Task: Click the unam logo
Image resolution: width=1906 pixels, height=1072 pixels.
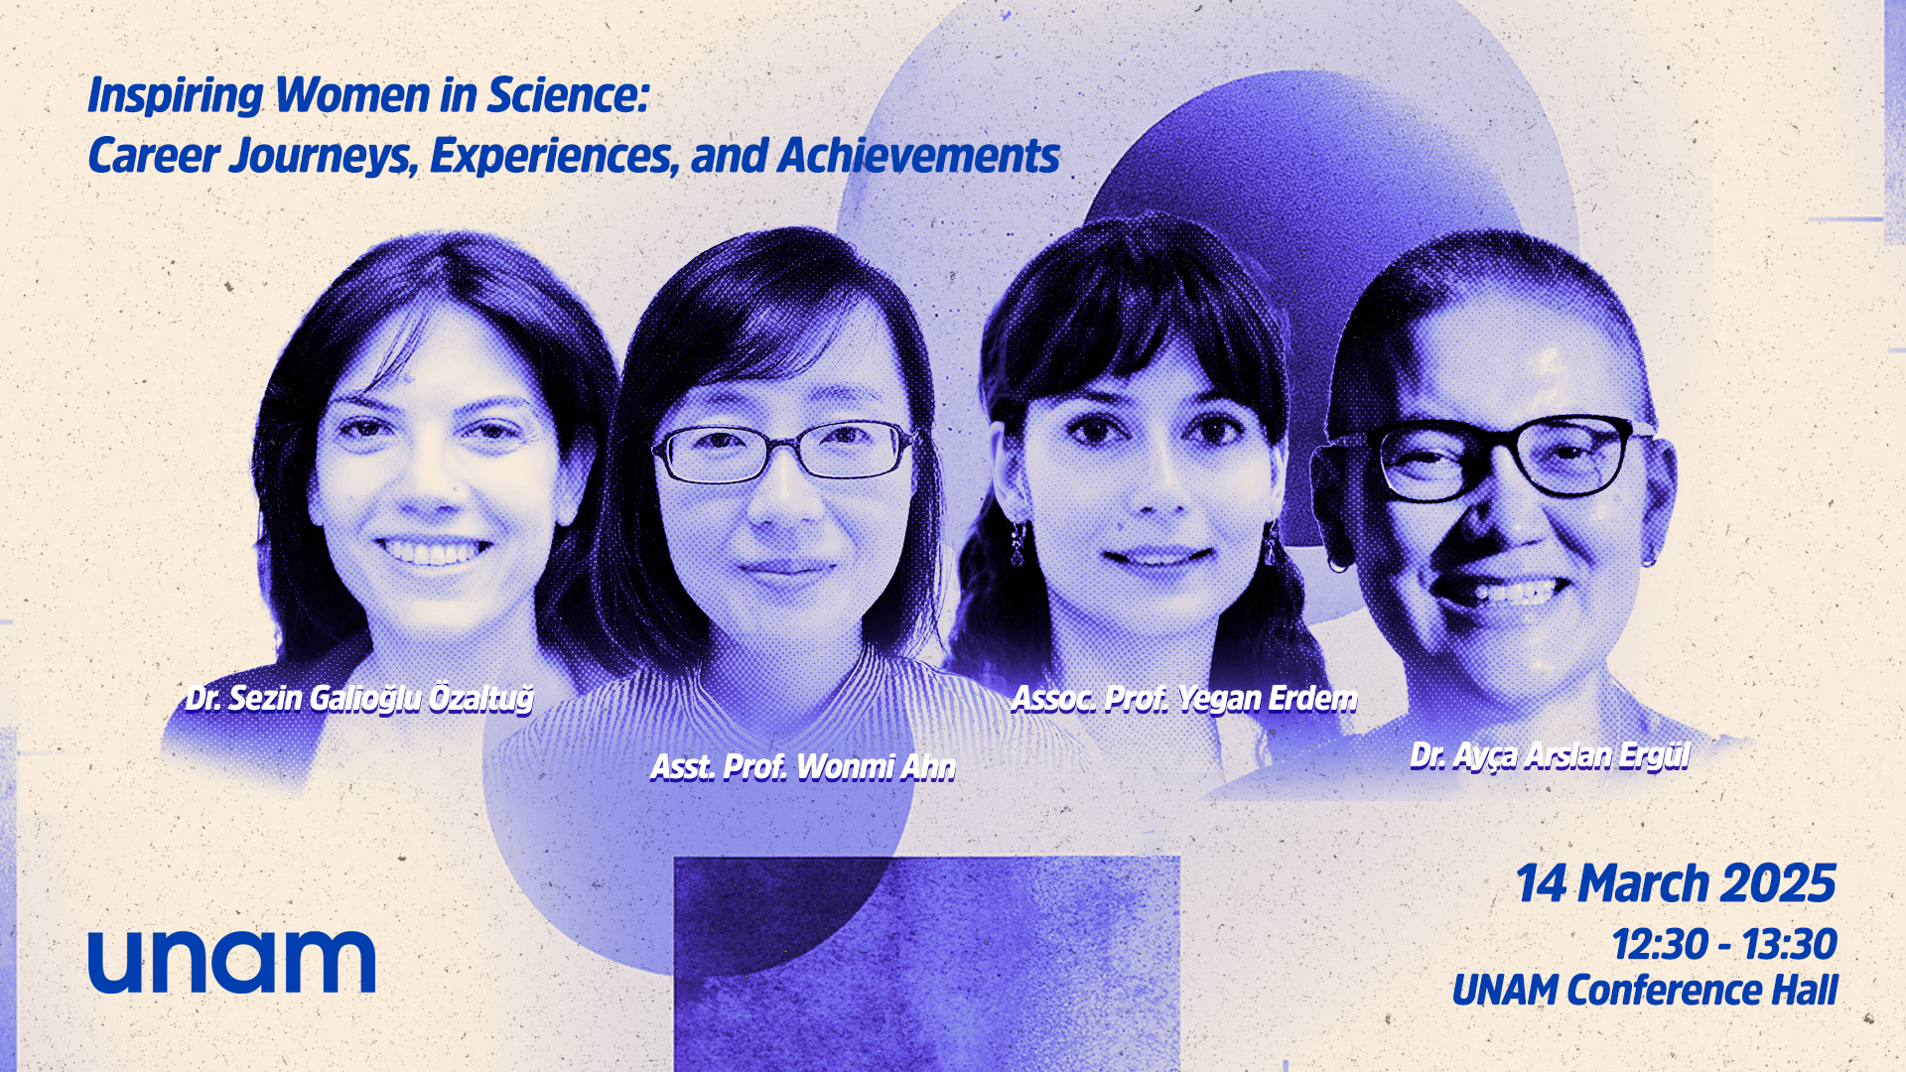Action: [x=231, y=961]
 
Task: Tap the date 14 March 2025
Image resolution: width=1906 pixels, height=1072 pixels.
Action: [x=1676, y=883]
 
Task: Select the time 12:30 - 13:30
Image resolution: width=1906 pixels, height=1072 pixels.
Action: [x=1724, y=944]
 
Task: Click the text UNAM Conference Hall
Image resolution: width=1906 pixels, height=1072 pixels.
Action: [x=1645, y=991]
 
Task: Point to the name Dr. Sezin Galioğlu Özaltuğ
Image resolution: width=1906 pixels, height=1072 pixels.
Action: [x=359, y=699]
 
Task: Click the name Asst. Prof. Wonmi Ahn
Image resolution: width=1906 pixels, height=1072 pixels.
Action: [x=803, y=767]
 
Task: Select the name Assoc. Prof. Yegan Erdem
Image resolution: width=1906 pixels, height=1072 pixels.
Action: [x=1184, y=699]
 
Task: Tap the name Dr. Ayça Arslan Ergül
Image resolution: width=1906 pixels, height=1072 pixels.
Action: [x=1550, y=756]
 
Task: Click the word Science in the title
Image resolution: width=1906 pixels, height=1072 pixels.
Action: [x=568, y=95]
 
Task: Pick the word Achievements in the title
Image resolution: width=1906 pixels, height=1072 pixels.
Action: [x=919, y=156]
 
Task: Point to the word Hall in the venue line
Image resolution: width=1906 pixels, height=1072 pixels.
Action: [x=1806, y=991]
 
